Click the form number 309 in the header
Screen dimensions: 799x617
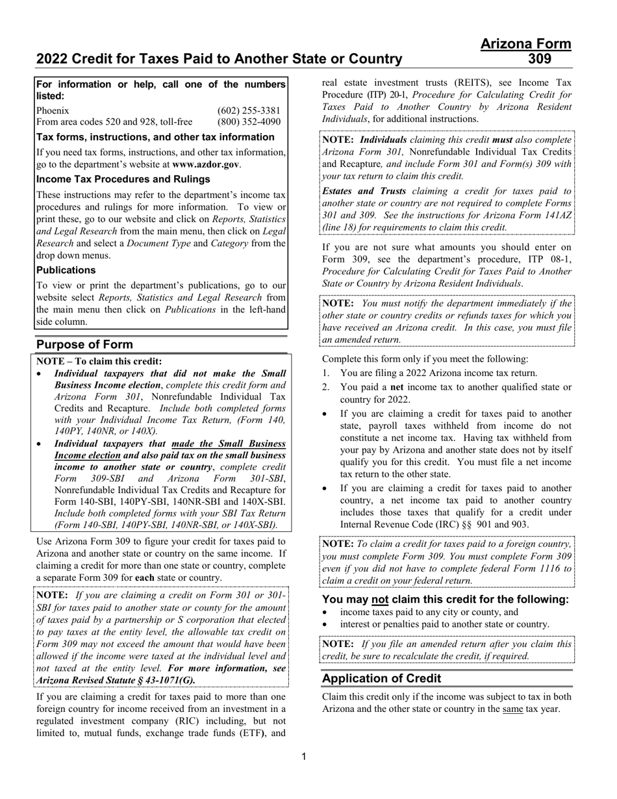pyautogui.click(x=540, y=59)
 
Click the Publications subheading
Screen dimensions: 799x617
pyautogui.click(x=66, y=270)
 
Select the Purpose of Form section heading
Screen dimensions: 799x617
pyautogui.click(x=84, y=344)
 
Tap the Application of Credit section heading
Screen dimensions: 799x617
pyautogui.click(x=381, y=678)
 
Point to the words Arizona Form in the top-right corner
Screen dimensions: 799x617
pyautogui.click(x=526, y=44)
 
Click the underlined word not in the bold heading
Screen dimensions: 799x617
pyautogui.click(x=379, y=599)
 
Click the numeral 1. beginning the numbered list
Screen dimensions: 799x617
pyautogui.click(x=327, y=373)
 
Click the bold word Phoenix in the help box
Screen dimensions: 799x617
pyautogui.click(x=53, y=110)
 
